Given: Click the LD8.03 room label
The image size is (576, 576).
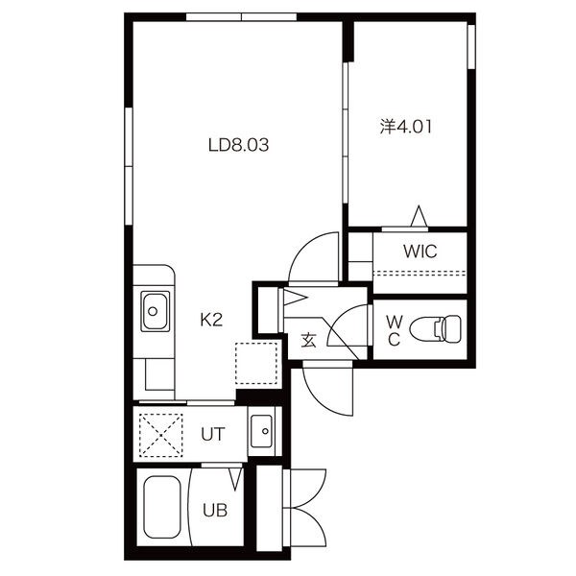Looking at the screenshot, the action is [x=238, y=145].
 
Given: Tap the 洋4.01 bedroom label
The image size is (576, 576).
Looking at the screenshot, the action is [x=405, y=127].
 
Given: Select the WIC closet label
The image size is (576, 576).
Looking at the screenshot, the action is [x=420, y=252].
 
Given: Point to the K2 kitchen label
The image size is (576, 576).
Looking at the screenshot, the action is [x=211, y=320].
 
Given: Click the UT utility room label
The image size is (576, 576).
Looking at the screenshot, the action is [x=213, y=434].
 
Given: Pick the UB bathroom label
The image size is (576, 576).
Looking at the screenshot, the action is [x=215, y=510].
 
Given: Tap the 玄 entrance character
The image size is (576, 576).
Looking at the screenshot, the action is [x=308, y=341].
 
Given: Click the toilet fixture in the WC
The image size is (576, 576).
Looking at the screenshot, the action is [x=435, y=328].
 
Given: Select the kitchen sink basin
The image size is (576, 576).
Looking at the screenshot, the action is [x=155, y=311].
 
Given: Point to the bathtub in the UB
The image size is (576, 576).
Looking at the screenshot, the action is [x=162, y=507].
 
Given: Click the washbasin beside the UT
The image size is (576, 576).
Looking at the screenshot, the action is [x=261, y=431].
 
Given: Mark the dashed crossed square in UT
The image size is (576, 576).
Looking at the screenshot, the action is [x=161, y=435].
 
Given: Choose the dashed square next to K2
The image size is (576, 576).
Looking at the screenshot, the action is [x=256, y=363].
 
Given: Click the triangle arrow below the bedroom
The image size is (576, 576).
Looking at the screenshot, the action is [x=419, y=216].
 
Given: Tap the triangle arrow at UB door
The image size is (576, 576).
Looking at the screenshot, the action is [x=235, y=480].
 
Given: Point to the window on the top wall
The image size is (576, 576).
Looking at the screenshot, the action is [x=241, y=17].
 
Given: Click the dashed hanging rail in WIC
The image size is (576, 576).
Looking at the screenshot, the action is [x=420, y=274].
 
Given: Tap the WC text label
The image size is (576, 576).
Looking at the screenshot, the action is [x=395, y=330].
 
